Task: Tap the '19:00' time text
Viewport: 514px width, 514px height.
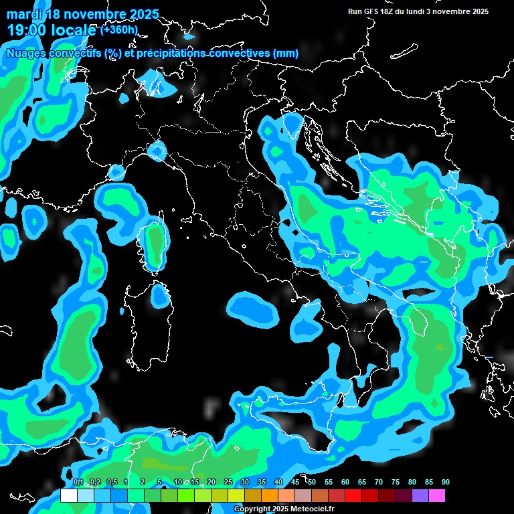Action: tap(25, 30)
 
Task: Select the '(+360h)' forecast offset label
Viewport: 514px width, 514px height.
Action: tap(120, 30)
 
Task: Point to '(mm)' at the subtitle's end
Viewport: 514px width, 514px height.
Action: tap(286, 53)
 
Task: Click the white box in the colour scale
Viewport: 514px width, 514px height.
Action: tap(68, 496)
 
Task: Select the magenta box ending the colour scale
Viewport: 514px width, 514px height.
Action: tap(437, 496)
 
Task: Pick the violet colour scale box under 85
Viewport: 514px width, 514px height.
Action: tap(420, 496)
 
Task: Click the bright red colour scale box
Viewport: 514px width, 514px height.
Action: tap(353, 496)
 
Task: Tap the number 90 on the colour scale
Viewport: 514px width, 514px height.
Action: tap(445, 482)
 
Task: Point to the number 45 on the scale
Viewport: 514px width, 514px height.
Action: tap(294, 482)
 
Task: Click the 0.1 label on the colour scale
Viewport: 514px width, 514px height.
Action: tap(78, 482)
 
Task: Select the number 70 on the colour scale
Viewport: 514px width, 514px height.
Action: tap(378, 482)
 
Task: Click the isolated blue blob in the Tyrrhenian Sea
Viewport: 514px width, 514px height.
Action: tap(253, 309)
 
